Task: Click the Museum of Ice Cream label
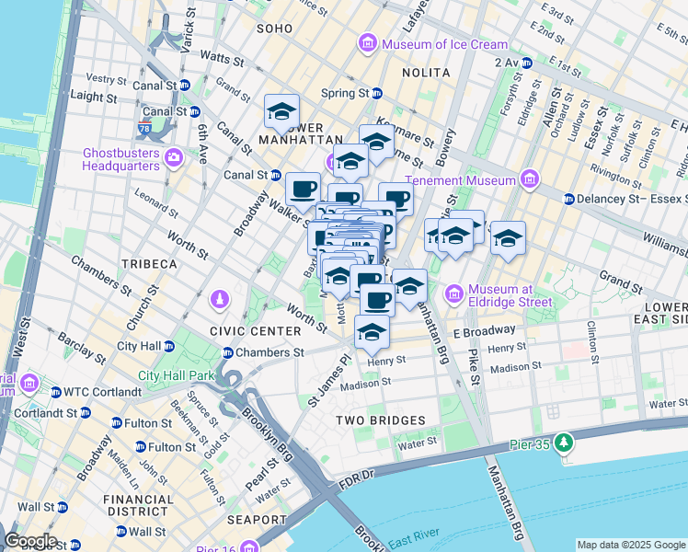(445, 44)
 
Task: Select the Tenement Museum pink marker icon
(529, 178)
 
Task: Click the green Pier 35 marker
(559, 443)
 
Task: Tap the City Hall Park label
(175, 375)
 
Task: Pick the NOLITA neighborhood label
(426, 73)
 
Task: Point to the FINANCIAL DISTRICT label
(138, 507)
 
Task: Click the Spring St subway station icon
(377, 94)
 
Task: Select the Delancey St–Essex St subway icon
(568, 199)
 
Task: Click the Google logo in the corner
(30, 541)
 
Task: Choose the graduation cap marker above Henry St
(372, 332)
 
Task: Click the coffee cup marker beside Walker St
(303, 190)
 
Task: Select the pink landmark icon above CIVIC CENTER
(220, 300)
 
